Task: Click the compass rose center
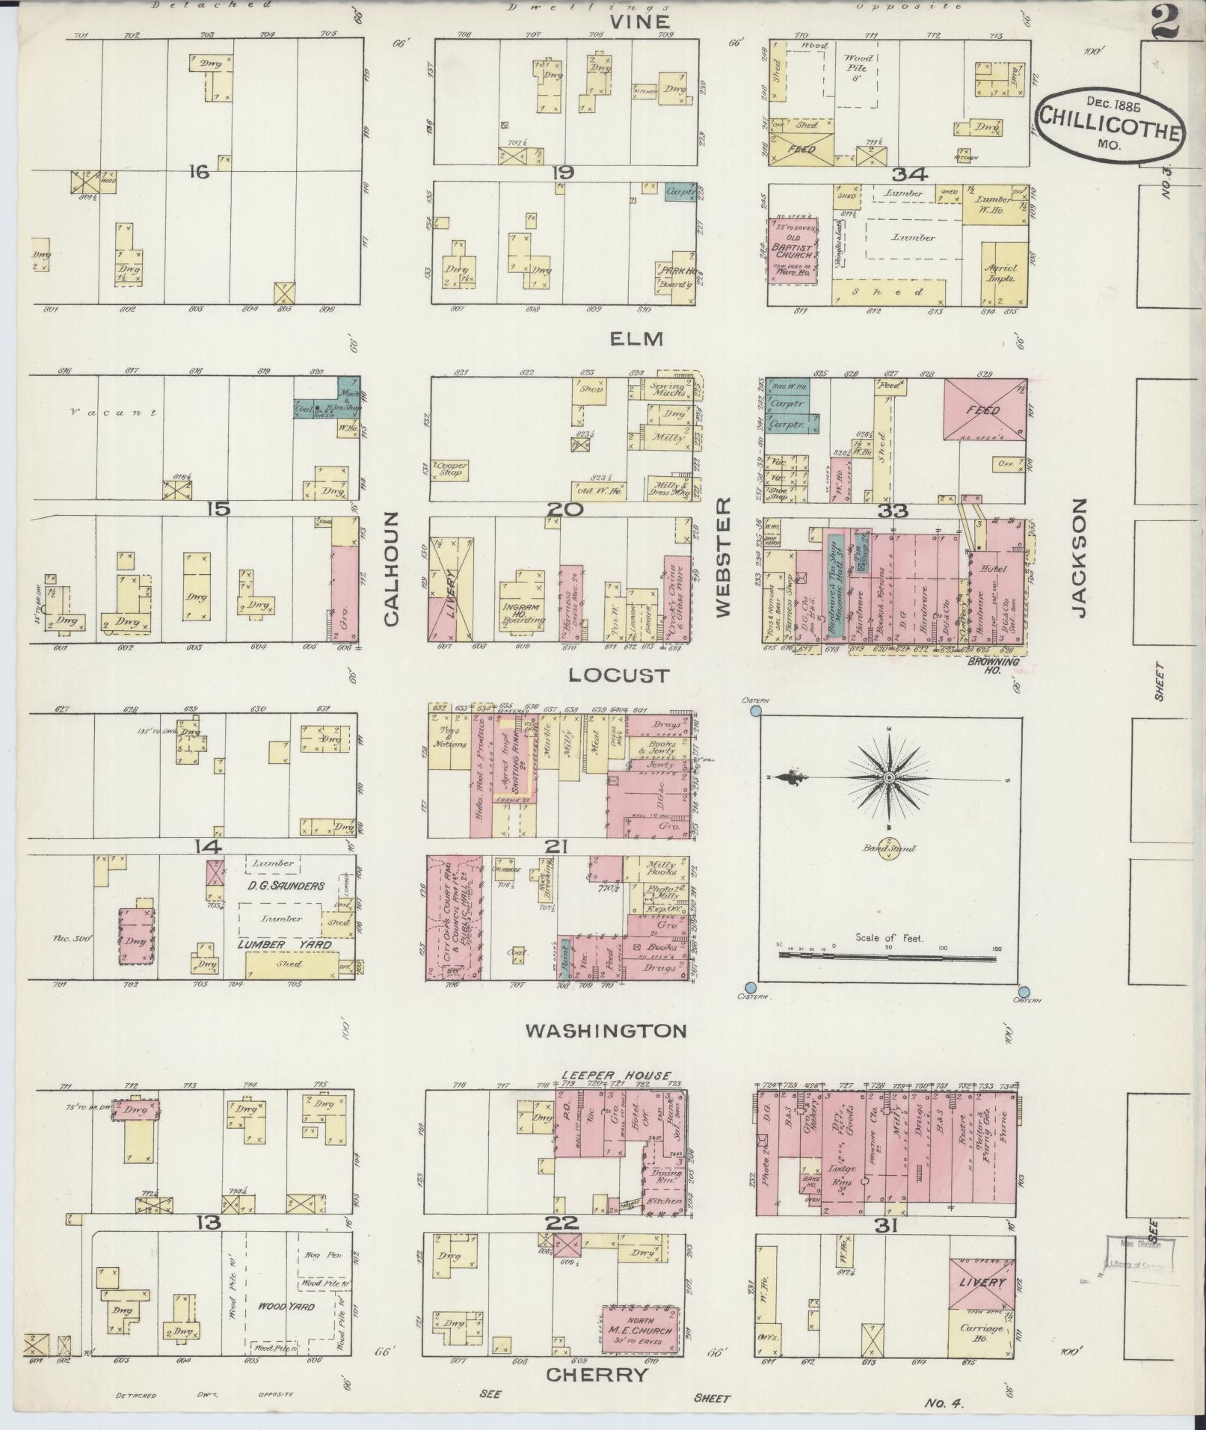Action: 888,778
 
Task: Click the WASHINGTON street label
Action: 605,1032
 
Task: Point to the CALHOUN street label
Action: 393,569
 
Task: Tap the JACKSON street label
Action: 1078,558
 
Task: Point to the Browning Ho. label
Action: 1003,665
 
